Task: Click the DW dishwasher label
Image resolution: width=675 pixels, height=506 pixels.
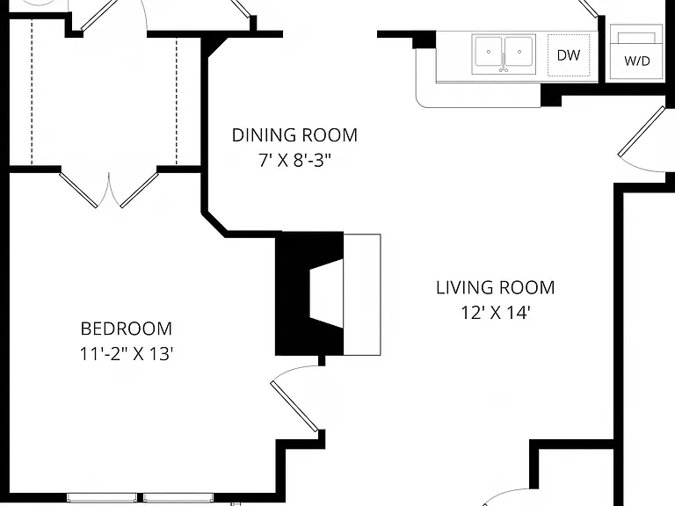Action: pyautogui.click(x=569, y=55)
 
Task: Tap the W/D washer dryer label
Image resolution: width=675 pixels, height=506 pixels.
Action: pyautogui.click(x=636, y=61)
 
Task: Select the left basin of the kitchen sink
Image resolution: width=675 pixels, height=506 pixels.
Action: pyautogui.click(x=488, y=52)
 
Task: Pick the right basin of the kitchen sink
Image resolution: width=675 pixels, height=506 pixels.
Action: pyautogui.click(x=519, y=52)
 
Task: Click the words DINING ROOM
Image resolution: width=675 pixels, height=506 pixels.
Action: pyautogui.click(x=295, y=135)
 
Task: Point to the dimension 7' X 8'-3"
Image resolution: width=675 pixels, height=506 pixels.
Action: pyautogui.click(x=295, y=161)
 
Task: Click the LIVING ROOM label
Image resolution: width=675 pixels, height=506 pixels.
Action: pyautogui.click(x=496, y=287)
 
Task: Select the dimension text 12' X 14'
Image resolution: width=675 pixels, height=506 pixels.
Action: pyautogui.click(x=496, y=313)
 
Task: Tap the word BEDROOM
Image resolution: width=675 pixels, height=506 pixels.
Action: pyautogui.click(x=127, y=329)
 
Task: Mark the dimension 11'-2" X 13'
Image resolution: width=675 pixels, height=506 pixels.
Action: pyautogui.click(x=127, y=354)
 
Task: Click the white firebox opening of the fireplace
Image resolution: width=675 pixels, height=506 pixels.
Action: pyautogui.click(x=327, y=293)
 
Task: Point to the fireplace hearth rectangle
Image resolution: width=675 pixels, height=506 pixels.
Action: pyautogui.click(x=362, y=295)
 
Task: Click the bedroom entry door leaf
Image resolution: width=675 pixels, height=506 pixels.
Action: pyautogui.click(x=294, y=406)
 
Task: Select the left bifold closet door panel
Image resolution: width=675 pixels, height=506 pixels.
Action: pyautogui.click(x=78, y=190)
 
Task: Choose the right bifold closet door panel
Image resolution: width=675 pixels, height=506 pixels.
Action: pyautogui.click(x=140, y=190)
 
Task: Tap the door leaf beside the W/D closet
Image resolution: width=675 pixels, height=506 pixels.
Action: pyautogui.click(x=642, y=131)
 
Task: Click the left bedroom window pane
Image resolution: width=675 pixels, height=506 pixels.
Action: pyautogui.click(x=102, y=498)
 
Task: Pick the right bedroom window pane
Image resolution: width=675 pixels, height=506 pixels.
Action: pyautogui.click(x=178, y=498)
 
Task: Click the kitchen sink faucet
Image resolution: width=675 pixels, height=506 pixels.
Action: pyautogui.click(x=504, y=63)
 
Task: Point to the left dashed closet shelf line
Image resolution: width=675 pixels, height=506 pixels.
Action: pyautogui.click(x=32, y=92)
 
